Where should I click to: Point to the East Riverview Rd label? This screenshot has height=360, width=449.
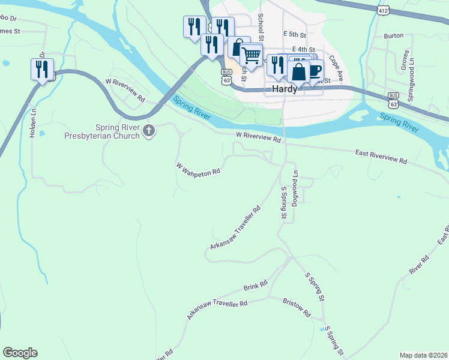pos(381,157)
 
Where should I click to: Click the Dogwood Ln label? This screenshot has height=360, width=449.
pos(295,188)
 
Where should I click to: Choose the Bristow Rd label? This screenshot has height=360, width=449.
pos(297,309)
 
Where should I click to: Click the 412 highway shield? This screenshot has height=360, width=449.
pos(383,10)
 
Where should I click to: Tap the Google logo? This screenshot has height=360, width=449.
pos(20,353)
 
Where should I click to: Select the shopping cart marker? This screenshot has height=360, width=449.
pos(251,55)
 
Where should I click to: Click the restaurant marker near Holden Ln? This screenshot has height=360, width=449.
pos(42,69)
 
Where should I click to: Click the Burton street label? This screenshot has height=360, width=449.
pos(394,36)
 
